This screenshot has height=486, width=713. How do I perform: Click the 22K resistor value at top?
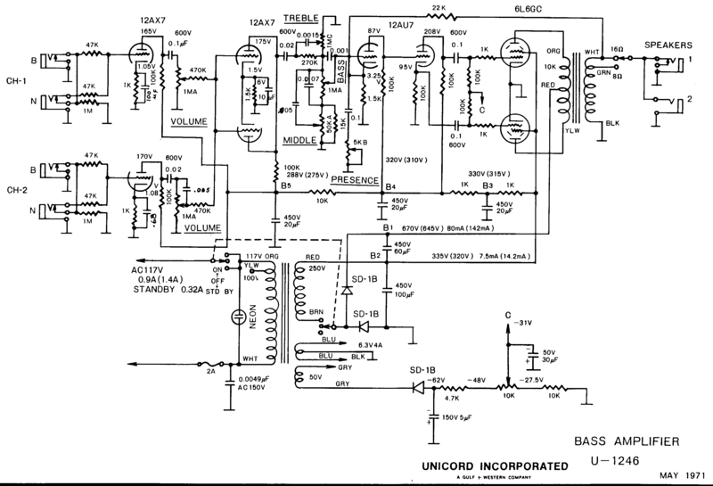tap(438, 8)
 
